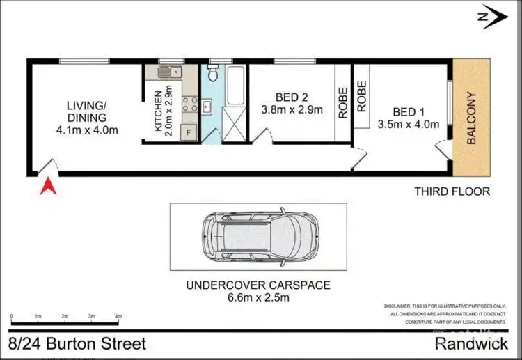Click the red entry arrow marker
pos(48,187)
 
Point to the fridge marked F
pos(187,131)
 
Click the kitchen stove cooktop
pos(189,104)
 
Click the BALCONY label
pos(471,118)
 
